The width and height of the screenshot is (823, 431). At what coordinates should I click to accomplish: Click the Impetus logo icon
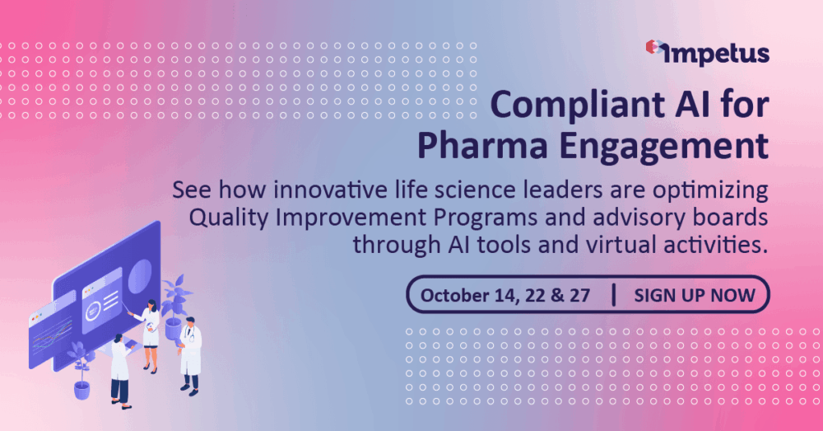pyautogui.click(x=654, y=47)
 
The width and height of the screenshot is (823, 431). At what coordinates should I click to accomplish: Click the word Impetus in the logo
pyautogui.click(x=717, y=54)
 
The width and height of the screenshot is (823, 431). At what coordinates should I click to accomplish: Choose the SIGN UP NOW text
pyautogui.click(x=695, y=295)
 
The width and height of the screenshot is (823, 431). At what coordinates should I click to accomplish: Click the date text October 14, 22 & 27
pyautogui.click(x=505, y=295)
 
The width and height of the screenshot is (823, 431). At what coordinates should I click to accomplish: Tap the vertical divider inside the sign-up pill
pyautogui.click(x=614, y=295)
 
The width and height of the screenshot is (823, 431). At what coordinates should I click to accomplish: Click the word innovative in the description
pyautogui.click(x=330, y=190)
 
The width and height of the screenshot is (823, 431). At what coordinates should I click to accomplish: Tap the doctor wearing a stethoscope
pyautogui.click(x=189, y=356)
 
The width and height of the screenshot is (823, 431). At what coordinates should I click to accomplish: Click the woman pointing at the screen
pyautogui.click(x=150, y=336)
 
